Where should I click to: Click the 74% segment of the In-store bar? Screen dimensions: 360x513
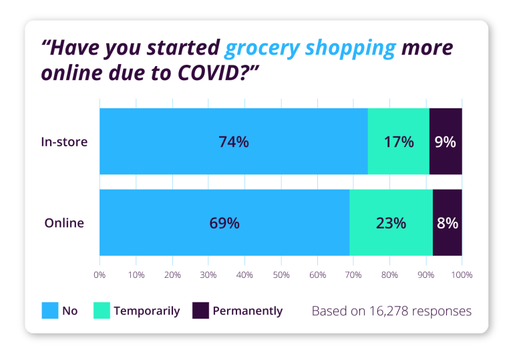[x=233, y=142]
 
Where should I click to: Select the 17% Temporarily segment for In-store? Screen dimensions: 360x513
[x=398, y=142]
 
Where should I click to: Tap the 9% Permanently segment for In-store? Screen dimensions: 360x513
[x=446, y=142]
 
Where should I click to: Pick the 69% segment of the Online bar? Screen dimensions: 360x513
[x=224, y=223]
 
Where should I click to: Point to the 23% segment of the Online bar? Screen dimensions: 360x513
[x=391, y=223]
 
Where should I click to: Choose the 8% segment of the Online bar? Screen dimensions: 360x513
[x=448, y=223]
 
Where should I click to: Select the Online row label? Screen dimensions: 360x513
[x=65, y=223]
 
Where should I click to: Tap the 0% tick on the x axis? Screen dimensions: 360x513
[x=100, y=275]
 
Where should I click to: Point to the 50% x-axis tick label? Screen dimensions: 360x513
[x=281, y=275]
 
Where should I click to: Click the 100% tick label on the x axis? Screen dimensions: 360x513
[x=462, y=275]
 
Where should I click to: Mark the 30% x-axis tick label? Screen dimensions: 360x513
[x=208, y=275]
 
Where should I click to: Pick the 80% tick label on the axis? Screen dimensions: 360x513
[x=389, y=275]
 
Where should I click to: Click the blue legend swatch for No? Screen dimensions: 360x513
[x=51, y=311]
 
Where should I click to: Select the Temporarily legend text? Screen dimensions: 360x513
[x=147, y=311]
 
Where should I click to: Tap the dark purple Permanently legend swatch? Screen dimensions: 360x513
[x=201, y=311]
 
